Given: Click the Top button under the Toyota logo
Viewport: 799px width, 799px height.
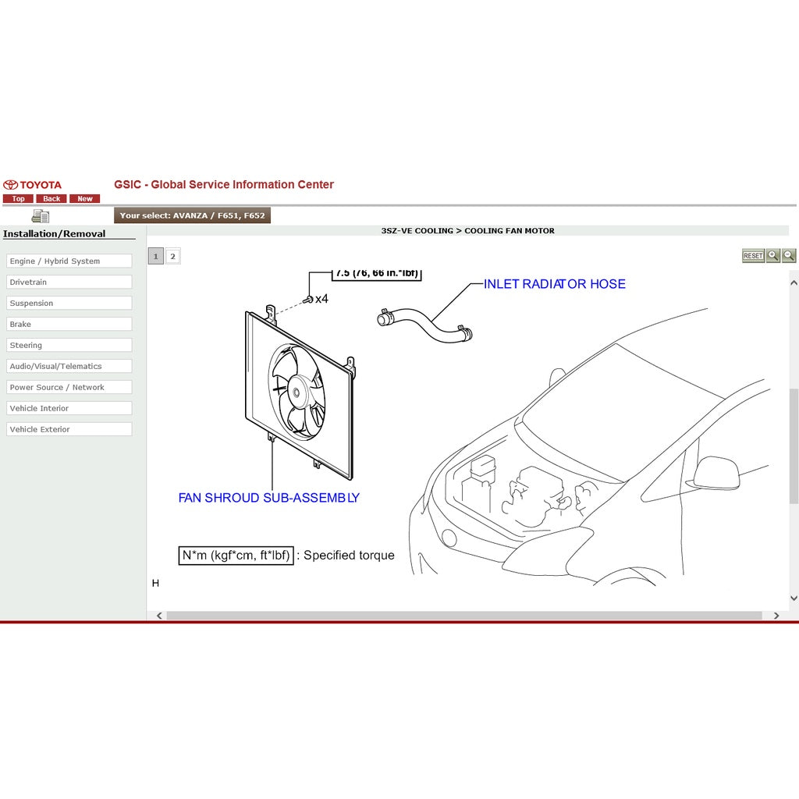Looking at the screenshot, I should pyautogui.click(x=18, y=199).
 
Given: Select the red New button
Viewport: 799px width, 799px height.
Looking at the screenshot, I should pyautogui.click(x=85, y=199).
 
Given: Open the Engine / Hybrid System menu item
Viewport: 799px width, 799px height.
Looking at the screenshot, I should pyautogui.click(x=69, y=261).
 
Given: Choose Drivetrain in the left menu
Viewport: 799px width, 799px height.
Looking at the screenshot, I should pyautogui.click(x=69, y=282).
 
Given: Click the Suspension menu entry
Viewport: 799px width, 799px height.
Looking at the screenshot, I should pyautogui.click(x=69, y=304).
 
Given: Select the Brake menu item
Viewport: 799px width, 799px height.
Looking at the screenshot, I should pyautogui.click(x=69, y=325).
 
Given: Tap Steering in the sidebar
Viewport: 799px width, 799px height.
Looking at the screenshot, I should pyautogui.click(x=69, y=346).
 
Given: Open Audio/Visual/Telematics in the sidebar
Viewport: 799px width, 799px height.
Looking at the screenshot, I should pyautogui.click(x=69, y=367).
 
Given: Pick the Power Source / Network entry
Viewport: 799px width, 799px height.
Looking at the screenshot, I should pyautogui.click(x=69, y=388).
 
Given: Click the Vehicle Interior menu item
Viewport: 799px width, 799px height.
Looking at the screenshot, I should pyautogui.click(x=69, y=409).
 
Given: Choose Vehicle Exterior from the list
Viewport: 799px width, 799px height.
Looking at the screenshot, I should pyautogui.click(x=69, y=430).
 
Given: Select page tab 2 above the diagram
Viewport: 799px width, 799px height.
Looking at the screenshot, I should pyautogui.click(x=173, y=256).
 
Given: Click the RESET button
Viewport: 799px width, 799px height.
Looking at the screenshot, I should pyautogui.click(x=753, y=256).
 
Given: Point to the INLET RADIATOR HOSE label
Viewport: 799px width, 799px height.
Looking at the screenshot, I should pyautogui.click(x=554, y=284).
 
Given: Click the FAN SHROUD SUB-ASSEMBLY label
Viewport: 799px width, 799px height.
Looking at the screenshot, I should pyautogui.click(x=268, y=498).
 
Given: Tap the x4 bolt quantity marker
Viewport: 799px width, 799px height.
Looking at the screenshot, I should pyautogui.click(x=321, y=299).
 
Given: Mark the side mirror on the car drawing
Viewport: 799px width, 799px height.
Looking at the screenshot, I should pyautogui.click(x=715, y=472).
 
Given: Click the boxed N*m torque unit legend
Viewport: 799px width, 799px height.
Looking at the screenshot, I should pyautogui.click(x=236, y=556).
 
